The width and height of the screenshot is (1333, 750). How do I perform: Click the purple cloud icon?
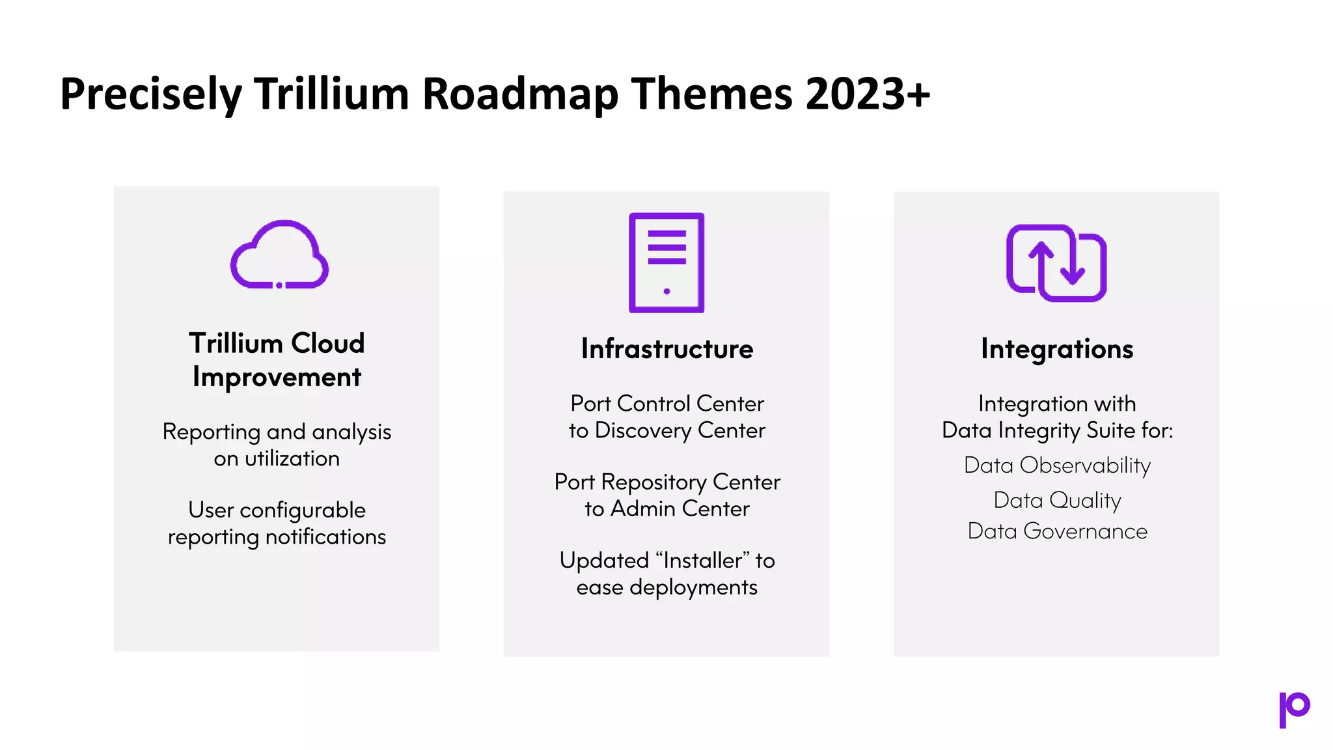tap(279, 255)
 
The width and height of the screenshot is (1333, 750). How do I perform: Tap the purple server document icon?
tap(666, 262)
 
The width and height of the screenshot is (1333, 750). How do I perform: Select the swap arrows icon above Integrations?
tap(1056, 263)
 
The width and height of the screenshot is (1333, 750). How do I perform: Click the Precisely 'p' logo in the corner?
tap(1294, 709)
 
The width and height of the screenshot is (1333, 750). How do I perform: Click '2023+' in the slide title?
tap(867, 93)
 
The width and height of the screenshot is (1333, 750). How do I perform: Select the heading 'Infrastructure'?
tap(666, 349)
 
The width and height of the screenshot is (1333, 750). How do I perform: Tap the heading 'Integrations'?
tap(1056, 349)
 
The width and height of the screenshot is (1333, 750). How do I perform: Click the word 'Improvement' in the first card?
tap(277, 378)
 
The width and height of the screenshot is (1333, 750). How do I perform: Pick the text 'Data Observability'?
tap(1057, 465)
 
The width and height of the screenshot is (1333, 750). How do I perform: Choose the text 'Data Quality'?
tap(1057, 500)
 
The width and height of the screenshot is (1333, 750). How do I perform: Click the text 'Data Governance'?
tap(1057, 531)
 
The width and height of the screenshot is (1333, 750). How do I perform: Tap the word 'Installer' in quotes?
tap(702, 561)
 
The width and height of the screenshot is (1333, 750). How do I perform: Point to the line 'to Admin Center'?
tap(666, 509)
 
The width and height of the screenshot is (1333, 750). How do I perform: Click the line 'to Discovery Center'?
tap(666, 431)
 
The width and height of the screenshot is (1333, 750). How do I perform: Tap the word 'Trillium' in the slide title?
tap(331, 93)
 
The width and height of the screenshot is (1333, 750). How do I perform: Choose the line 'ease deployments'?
tap(666, 587)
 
